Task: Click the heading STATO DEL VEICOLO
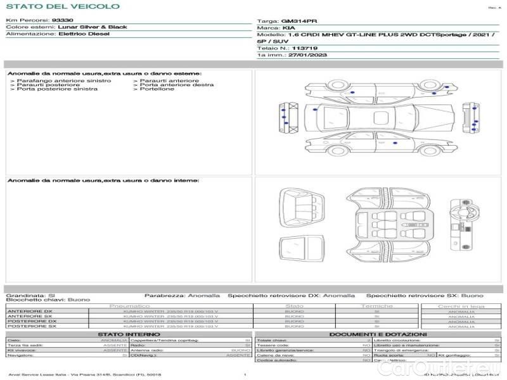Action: point(62,6)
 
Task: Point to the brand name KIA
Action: point(288,28)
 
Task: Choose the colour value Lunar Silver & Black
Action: point(93,27)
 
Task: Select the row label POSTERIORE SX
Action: point(32,326)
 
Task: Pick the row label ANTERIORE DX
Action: point(29,312)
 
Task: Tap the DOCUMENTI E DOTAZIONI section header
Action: point(378,334)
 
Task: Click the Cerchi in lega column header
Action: point(461,307)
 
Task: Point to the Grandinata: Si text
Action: point(30,296)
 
